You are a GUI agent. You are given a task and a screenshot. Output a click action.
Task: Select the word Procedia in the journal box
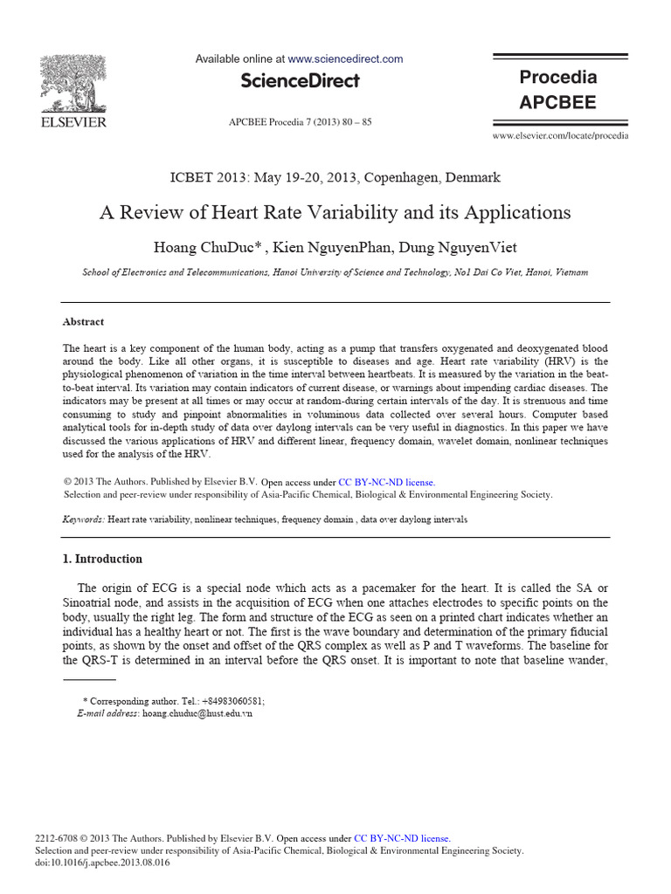(558, 77)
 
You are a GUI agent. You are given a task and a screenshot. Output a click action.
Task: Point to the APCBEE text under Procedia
(558, 102)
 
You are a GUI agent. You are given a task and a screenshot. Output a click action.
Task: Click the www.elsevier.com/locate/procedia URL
(560, 136)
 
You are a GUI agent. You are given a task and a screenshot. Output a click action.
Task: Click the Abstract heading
(83, 321)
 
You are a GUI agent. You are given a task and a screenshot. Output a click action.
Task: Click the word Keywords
(84, 519)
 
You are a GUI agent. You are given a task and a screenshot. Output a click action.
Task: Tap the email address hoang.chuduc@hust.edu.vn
(197, 713)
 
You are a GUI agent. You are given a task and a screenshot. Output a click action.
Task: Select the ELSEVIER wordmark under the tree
(74, 122)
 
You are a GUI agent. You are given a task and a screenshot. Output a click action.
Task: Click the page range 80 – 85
(354, 122)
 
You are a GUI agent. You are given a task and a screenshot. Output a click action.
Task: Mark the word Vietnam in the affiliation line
(570, 272)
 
